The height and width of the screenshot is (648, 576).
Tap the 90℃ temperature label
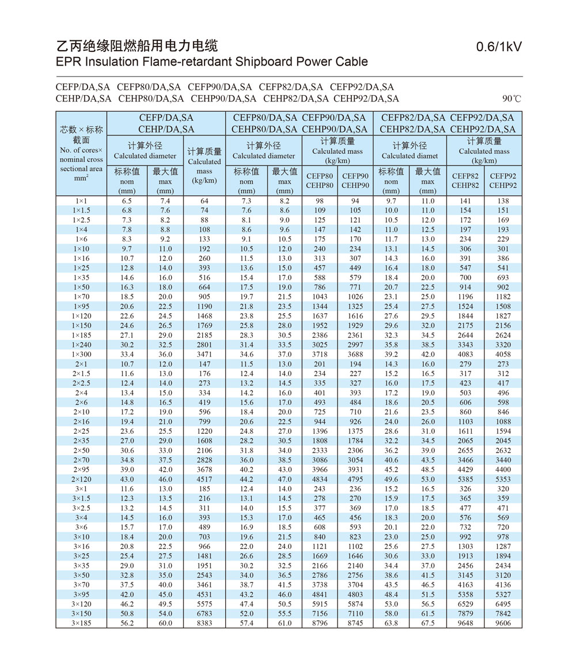(511, 98)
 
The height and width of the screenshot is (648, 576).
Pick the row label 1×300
(81, 354)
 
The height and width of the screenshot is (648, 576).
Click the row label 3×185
(81, 623)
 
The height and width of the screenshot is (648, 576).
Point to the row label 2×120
(81, 479)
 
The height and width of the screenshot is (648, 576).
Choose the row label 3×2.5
(81, 508)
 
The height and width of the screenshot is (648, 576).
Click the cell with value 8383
(204, 623)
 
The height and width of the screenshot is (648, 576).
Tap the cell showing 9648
(465, 623)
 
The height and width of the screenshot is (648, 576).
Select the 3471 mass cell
(204, 354)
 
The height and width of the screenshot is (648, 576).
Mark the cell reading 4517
(204, 479)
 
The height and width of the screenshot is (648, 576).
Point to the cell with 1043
(320, 297)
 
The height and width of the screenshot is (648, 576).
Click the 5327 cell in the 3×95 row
(503, 594)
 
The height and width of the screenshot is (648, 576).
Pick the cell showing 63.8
(391, 623)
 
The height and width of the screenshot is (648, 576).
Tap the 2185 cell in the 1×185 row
(204, 335)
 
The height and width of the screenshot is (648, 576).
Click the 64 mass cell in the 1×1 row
(204, 200)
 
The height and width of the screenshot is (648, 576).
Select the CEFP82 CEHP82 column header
(465, 181)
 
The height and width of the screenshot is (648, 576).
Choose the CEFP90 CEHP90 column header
(355, 181)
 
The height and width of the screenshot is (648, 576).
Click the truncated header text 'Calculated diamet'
(410, 156)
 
